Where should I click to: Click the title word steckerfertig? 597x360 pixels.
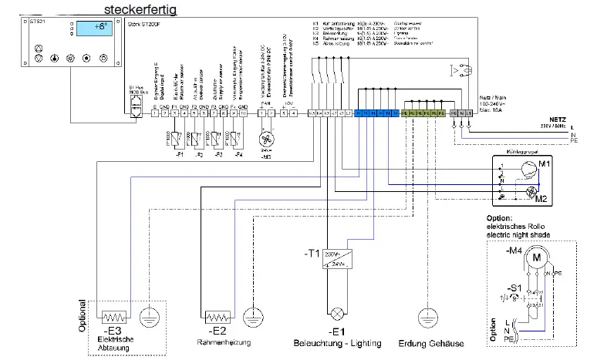pos(145,10)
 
